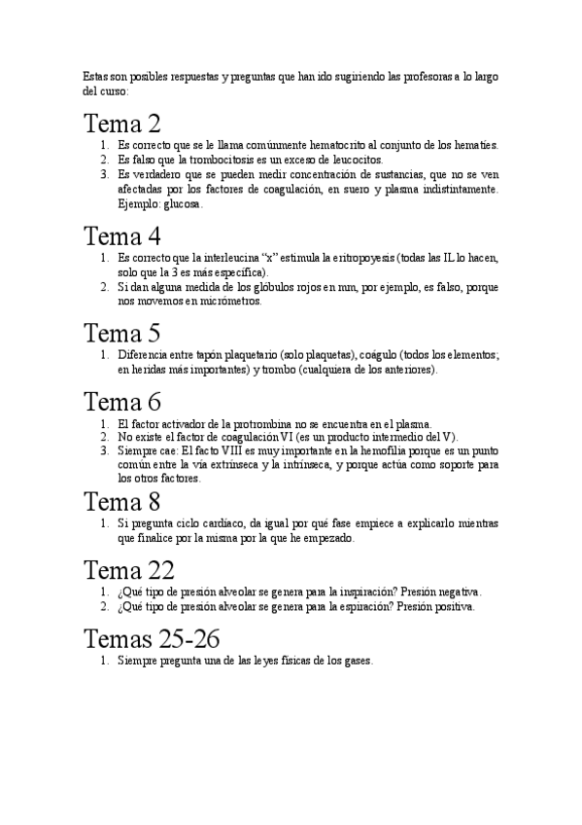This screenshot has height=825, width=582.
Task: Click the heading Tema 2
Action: click(x=121, y=125)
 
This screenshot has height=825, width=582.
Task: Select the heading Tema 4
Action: click(x=121, y=236)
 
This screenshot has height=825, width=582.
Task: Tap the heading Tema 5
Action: click(x=121, y=334)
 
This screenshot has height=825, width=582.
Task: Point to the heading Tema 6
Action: click(x=121, y=402)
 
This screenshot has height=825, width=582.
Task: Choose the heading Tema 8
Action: click(x=121, y=502)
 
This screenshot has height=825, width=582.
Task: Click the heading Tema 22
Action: click(x=129, y=570)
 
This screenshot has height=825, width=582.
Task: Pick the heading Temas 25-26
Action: click(x=152, y=639)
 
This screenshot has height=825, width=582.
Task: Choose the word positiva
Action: click(x=453, y=606)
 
